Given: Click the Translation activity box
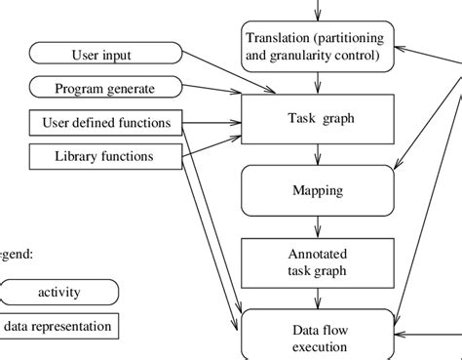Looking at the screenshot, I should point(317,46).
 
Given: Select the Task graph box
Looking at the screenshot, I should point(317,119).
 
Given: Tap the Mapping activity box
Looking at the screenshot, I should point(317,190).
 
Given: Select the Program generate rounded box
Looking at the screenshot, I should point(105,88).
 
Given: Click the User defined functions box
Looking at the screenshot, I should point(106,122).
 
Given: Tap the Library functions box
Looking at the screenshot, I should point(105,156).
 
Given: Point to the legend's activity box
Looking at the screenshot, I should point(59,291).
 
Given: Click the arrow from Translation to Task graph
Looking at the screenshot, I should point(317,83).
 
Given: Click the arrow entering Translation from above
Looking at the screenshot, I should point(317,10).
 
